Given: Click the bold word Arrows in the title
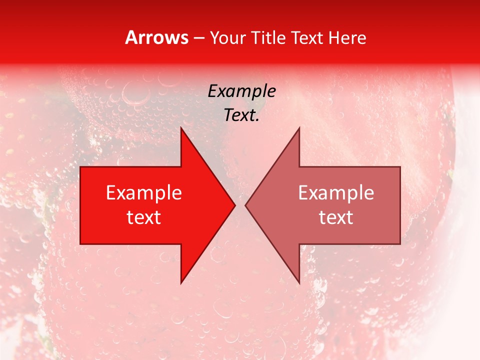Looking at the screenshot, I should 156,37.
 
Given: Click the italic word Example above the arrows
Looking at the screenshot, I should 242,91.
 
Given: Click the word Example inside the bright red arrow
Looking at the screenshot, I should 144,192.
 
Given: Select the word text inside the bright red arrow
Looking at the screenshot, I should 144,217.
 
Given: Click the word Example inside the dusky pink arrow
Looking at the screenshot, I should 336,192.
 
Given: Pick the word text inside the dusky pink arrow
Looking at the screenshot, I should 336,217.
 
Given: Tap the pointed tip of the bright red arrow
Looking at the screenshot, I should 235,205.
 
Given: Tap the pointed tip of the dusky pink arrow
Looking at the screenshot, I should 245,205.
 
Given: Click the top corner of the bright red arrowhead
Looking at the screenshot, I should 181,128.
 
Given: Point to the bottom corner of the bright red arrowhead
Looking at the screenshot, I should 181,283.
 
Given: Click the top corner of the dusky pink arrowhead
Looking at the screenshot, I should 299,128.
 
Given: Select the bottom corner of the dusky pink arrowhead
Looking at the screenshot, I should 299,283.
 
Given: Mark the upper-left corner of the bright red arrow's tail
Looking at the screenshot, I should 80,167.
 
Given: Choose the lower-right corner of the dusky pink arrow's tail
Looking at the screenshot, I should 400,243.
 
